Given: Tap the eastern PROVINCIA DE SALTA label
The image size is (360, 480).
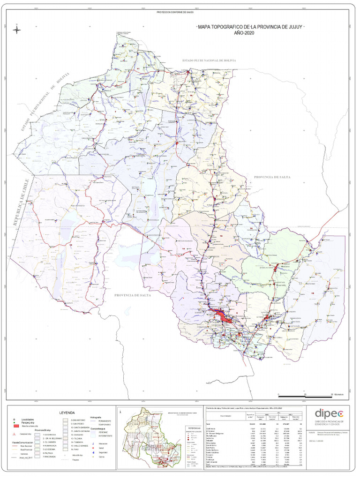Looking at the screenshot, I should click(272, 177).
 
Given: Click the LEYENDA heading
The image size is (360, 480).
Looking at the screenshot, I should click(67, 412).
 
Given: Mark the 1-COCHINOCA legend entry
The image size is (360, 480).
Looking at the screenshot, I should click(49, 435).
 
